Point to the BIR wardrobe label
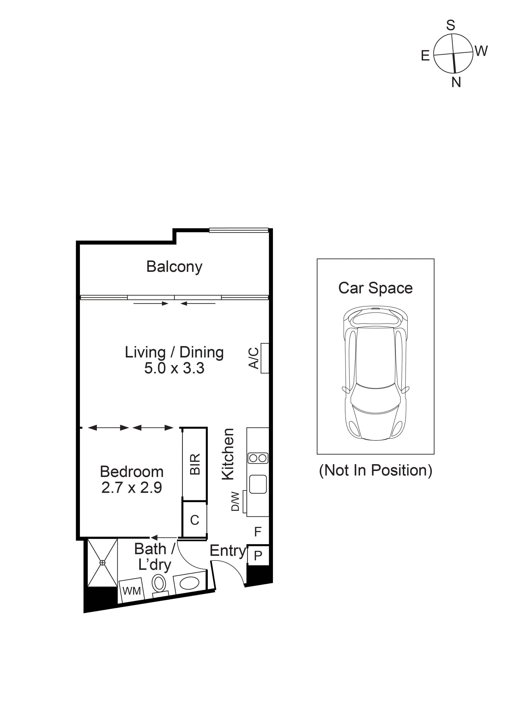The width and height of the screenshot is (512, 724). [195, 464]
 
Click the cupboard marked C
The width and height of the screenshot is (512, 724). [195, 520]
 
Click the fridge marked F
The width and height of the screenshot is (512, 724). [258, 532]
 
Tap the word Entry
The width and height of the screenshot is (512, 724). [228, 551]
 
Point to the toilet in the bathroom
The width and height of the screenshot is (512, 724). [159, 583]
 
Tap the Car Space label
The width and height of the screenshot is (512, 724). [375, 288]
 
